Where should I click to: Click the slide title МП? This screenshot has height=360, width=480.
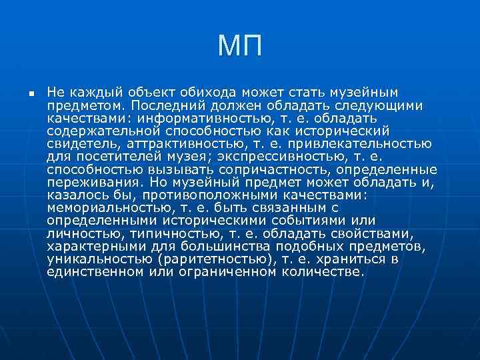[x=240, y=47]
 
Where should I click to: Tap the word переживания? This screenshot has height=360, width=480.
[x=87, y=181]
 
